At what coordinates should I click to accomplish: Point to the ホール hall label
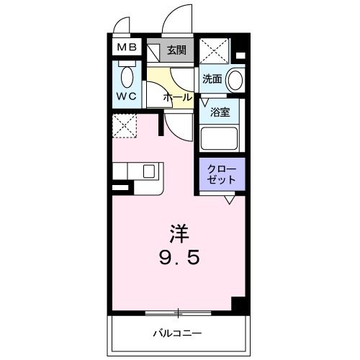177,96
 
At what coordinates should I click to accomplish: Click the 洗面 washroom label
212,78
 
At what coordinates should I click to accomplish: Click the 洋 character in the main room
179,234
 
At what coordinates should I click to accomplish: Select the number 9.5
179,257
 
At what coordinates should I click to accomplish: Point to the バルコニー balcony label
177,333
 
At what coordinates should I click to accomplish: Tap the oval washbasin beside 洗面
234,79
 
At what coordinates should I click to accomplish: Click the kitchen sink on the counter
149,171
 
